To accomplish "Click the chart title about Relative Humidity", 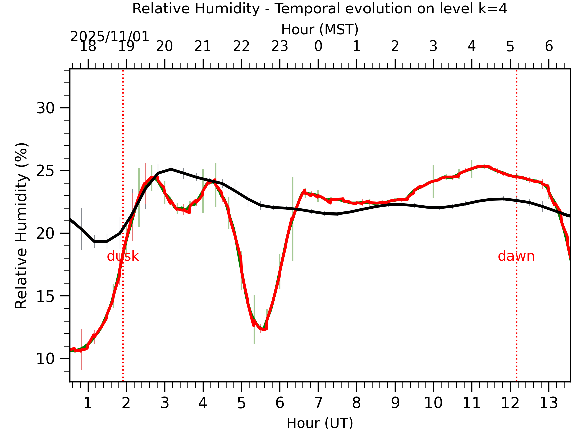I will coord(320,9).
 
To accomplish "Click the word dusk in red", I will coord(123,256).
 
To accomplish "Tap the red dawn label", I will coord(516,256).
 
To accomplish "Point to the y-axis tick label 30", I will coord(45,108).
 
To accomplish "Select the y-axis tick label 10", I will coord(45,359).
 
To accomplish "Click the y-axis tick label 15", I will coord(45,296).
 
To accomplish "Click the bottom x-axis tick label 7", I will coord(318,403).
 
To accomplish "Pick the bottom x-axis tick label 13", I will coord(548,403).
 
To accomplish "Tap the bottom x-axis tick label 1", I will coord(88,403).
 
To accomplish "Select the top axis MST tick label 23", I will coord(280,47).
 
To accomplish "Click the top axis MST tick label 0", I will coord(318,47).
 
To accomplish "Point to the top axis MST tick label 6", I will coord(549,47).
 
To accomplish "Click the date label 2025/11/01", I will coord(110,37).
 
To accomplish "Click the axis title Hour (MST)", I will coord(320,30).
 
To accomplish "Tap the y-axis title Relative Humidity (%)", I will coord(21,226).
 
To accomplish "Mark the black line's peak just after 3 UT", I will coord(171,169).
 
